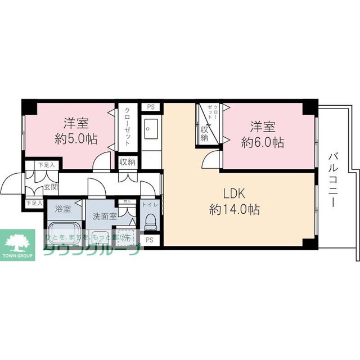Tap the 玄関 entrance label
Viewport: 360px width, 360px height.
click(51, 187)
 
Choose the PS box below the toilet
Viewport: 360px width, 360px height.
click(150, 240)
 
